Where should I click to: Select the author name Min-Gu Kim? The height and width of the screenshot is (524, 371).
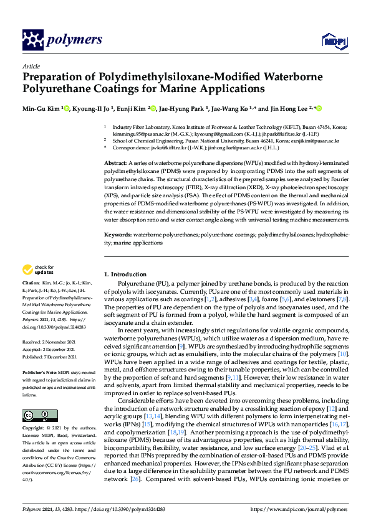[42, 109]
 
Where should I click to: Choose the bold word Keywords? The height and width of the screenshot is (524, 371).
[118, 235]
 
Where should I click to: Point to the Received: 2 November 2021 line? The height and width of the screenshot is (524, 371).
[52, 342]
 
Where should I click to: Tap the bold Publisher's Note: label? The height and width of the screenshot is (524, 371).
[40, 372]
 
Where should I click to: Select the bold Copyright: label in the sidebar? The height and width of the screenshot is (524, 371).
[34, 429]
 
